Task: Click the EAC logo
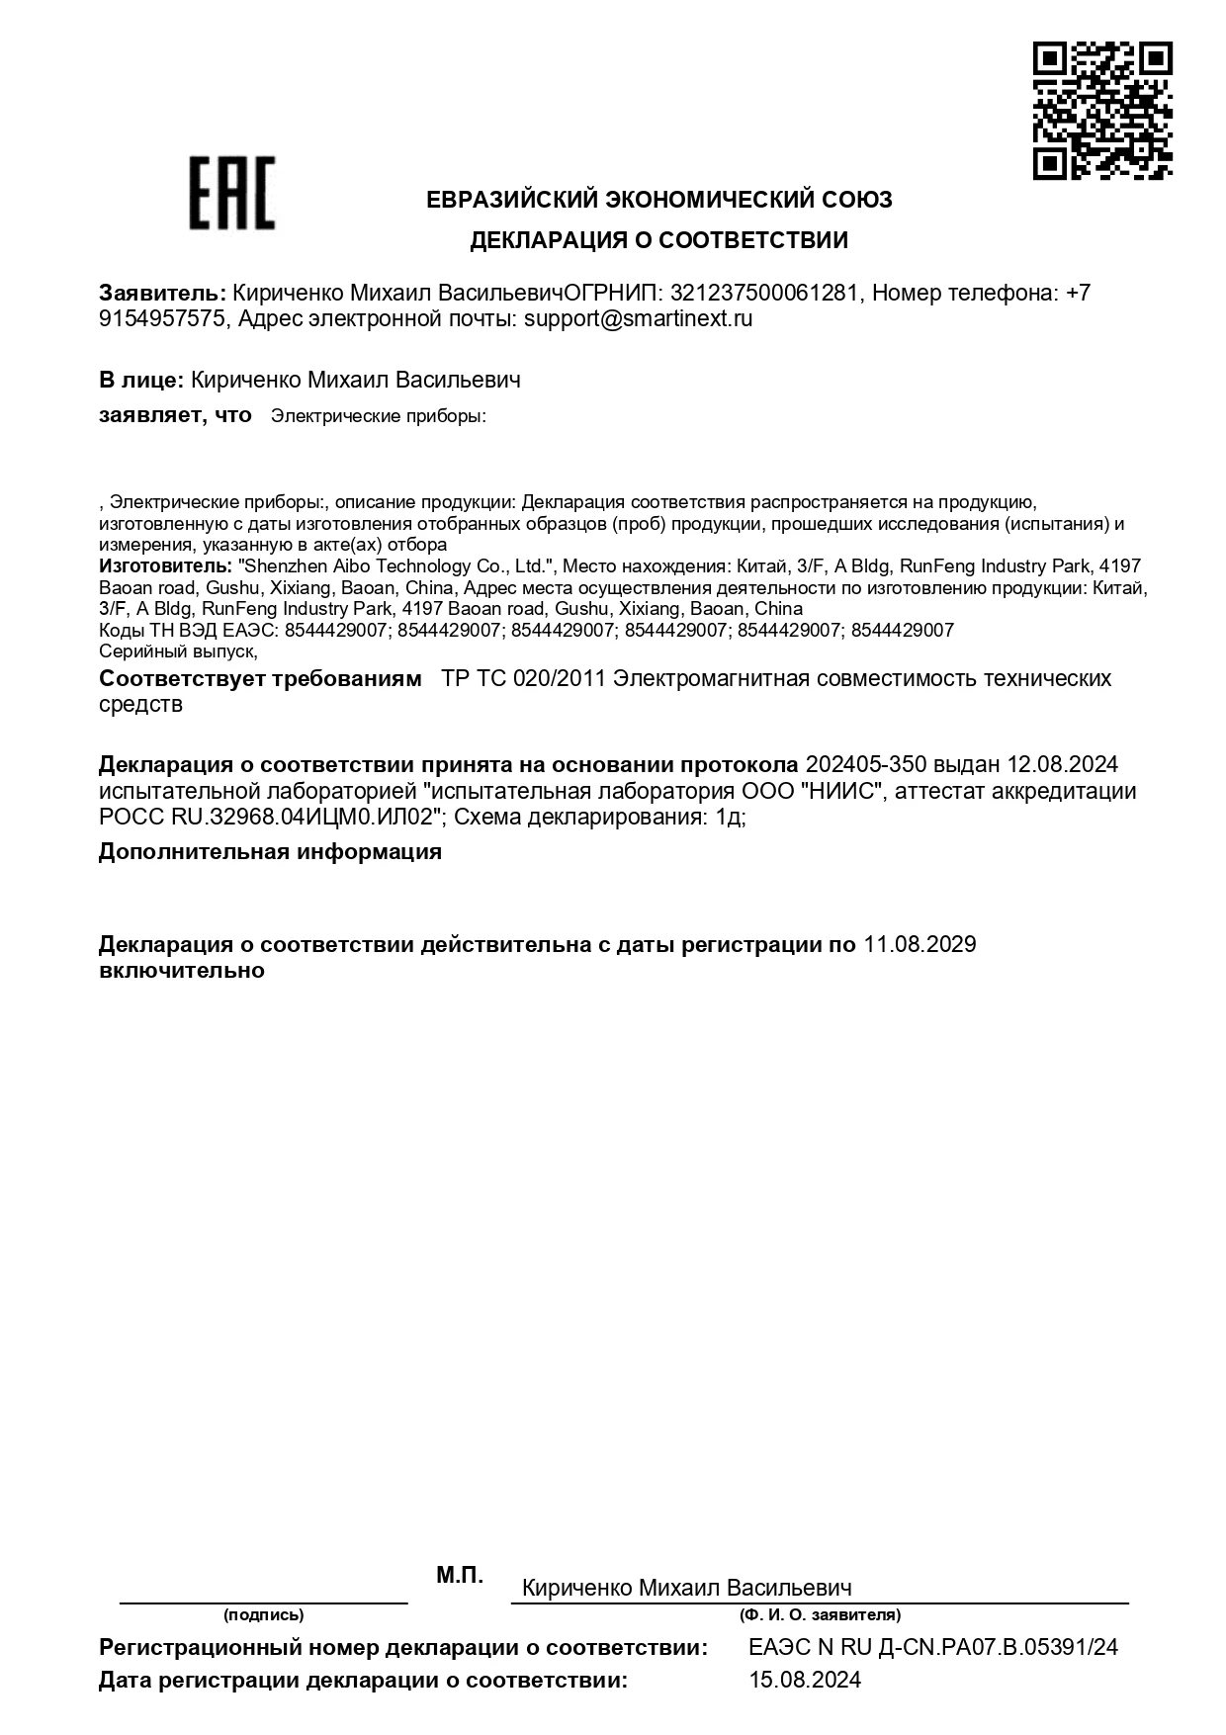(x=231, y=193)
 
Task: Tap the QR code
(x=1102, y=111)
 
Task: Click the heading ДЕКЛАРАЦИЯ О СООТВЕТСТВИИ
(x=658, y=240)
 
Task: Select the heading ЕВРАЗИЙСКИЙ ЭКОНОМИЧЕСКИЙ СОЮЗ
(x=658, y=200)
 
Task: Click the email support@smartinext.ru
(x=638, y=319)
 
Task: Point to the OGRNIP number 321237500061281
(x=764, y=294)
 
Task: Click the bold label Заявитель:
(x=162, y=294)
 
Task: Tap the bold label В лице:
(x=140, y=380)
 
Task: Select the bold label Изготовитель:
(x=165, y=566)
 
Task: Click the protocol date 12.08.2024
(x=1062, y=765)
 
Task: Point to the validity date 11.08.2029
(x=919, y=944)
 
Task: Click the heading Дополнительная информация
(x=270, y=852)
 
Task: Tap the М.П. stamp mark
(x=460, y=1576)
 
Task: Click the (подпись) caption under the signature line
(x=263, y=1614)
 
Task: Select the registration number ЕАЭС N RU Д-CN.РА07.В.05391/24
(x=933, y=1647)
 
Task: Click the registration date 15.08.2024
(x=805, y=1680)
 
